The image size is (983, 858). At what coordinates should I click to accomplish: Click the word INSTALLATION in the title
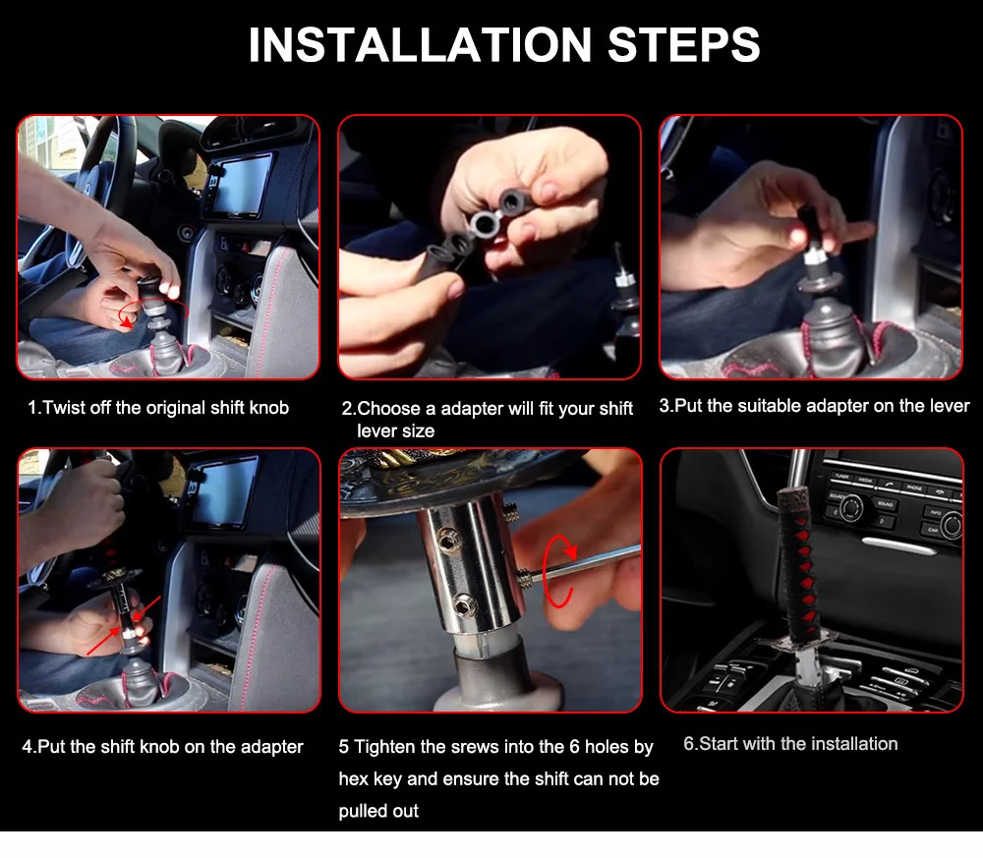420,45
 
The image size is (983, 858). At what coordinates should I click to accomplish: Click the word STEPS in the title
683,45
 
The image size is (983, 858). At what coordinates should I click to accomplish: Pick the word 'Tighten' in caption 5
384,747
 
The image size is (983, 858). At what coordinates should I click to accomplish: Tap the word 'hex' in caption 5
353,779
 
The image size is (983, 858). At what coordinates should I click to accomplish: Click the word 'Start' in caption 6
719,744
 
